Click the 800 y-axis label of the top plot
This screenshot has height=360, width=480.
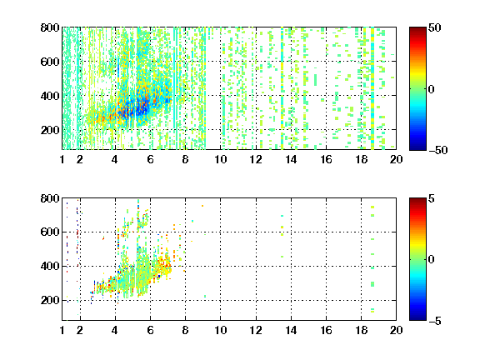coord(50,27)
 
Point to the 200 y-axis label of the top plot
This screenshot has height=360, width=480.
coord(50,130)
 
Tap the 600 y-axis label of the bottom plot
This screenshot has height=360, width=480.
coord(50,232)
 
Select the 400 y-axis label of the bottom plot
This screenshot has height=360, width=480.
coord(50,266)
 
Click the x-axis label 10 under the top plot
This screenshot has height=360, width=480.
coord(220,159)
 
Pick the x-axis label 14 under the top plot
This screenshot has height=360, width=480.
coord(291,159)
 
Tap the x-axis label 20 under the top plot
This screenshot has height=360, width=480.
coord(396,159)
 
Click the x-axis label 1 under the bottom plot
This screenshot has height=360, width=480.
coord(62,330)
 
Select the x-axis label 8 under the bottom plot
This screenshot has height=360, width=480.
coord(185,330)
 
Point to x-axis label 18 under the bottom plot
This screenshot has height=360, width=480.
coord(361,330)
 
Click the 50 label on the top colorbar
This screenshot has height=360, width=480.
coord(435,27)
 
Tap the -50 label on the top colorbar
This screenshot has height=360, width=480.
coord(438,150)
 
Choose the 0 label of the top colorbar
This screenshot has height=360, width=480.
coord(432,89)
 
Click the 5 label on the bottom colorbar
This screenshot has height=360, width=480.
coord(432,198)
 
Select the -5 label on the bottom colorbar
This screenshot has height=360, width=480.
coord(435,321)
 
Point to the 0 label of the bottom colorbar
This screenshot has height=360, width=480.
coord(432,260)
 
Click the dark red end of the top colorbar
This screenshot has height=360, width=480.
coord(417,30)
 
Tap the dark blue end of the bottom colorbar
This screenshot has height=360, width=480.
coord(417,317)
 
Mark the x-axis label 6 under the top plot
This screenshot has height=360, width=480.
coord(150,159)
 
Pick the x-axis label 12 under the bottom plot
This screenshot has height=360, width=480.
coord(256,330)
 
